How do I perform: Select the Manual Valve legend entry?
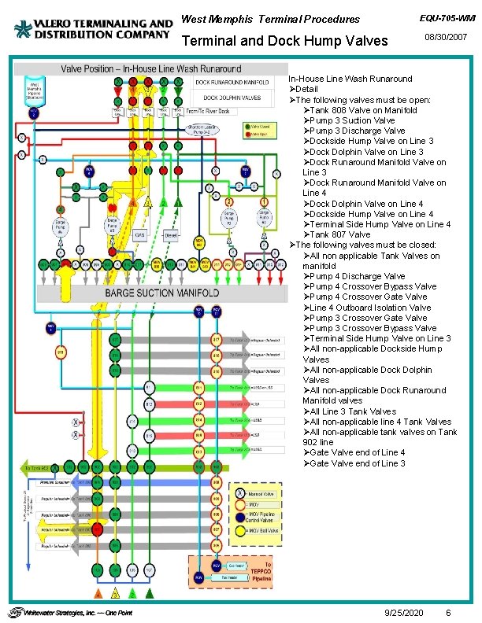pos(263,493)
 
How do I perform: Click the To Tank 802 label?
pos(36,468)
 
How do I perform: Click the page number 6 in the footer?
pos(448,612)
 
